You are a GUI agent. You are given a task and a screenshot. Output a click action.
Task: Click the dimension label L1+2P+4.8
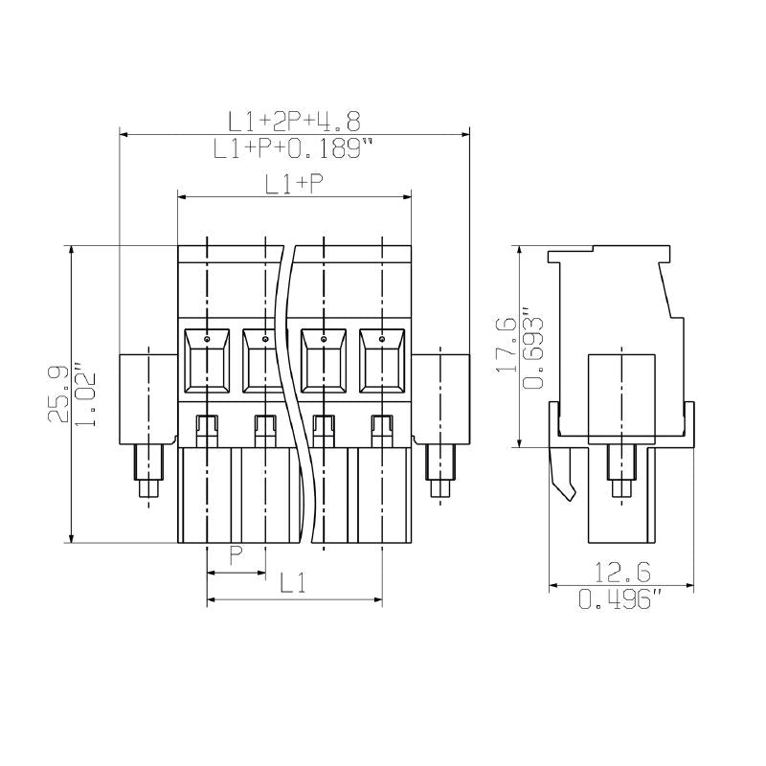(x=294, y=121)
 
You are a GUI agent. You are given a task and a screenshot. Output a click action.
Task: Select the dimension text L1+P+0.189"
(x=293, y=148)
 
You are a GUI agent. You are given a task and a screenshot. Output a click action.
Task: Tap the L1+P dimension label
(x=294, y=185)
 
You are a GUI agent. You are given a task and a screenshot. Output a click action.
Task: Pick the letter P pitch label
(x=236, y=555)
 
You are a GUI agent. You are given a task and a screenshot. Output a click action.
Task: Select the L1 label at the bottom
(x=293, y=583)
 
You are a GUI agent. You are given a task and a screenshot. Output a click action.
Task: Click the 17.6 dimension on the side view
(x=507, y=345)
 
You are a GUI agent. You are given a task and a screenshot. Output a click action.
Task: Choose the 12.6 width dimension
(x=621, y=573)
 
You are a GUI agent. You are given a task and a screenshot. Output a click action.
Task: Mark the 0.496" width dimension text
(x=621, y=600)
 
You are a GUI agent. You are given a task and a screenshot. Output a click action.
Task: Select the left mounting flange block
(x=147, y=397)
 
